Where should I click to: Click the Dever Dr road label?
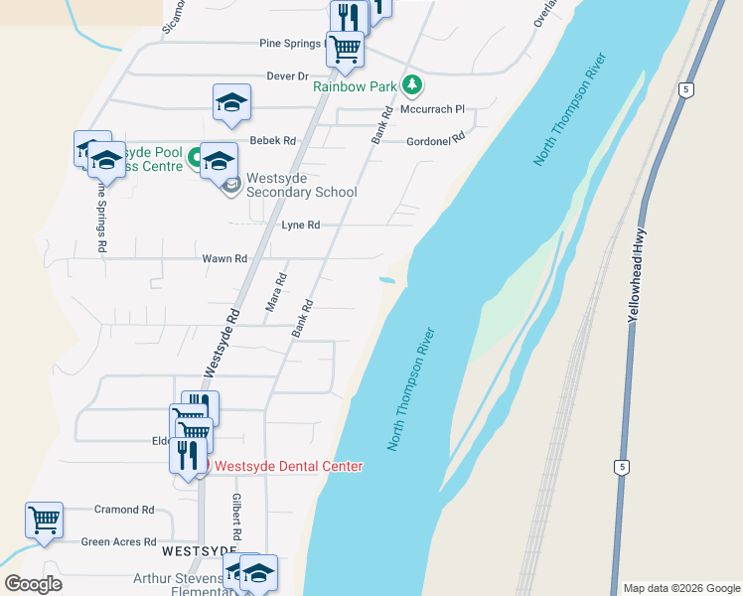(x=288, y=75)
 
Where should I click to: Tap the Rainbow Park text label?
(x=355, y=86)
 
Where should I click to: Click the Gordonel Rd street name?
(x=435, y=141)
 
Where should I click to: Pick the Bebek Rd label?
(x=272, y=141)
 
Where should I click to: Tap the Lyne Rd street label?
(x=300, y=225)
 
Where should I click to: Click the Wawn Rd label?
(x=224, y=259)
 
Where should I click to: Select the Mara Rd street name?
(x=276, y=293)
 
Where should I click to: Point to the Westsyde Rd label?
(x=223, y=340)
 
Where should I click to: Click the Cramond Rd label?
(x=124, y=510)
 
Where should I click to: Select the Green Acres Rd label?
(x=117, y=542)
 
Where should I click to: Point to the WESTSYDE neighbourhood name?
(x=200, y=549)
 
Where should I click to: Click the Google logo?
(x=33, y=584)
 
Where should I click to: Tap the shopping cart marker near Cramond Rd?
(x=44, y=520)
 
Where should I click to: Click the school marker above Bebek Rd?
(x=232, y=102)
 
